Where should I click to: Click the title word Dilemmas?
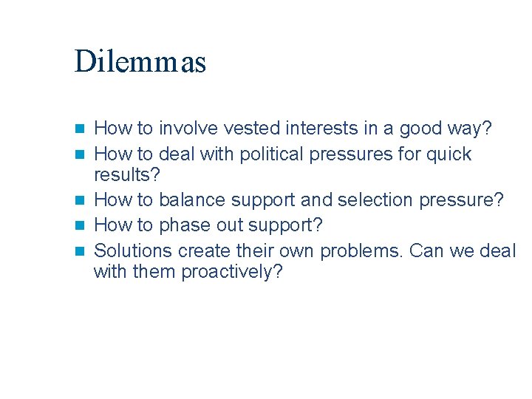tap(140, 62)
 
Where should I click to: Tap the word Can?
tap(426, 250)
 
